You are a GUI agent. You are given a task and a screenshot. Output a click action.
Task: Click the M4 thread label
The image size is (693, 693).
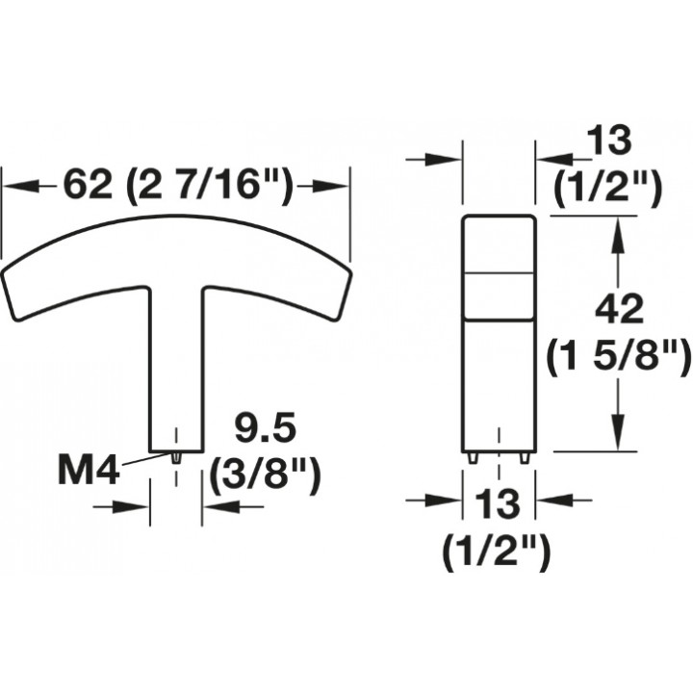(89, 472)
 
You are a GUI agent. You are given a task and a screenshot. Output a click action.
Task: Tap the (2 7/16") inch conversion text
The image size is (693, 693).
(210, 186)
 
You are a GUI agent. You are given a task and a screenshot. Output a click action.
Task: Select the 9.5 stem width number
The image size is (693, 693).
(265, 428)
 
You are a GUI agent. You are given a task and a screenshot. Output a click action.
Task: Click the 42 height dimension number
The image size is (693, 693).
(619, 309)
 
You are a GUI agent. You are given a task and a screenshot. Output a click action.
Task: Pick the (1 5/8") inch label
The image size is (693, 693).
(619, 357)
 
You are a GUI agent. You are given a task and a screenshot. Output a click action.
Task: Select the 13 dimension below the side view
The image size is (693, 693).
(498, 504)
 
